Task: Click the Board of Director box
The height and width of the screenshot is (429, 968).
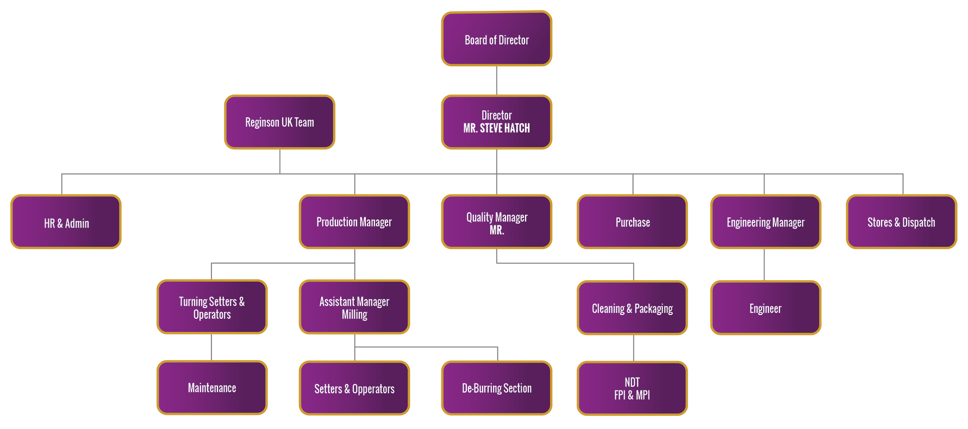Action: pos(496,39)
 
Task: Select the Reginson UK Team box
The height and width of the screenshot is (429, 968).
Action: pos(279,122)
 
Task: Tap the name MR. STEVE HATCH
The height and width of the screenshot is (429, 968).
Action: pos(496,129)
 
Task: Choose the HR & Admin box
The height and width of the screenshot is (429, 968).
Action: pos(66,222)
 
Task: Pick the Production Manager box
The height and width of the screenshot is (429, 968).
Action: pos(354,222)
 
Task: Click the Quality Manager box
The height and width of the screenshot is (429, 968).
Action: pos(496,222)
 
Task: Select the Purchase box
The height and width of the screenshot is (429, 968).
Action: pos(632,222)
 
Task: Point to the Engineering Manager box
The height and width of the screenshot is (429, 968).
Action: pos(765,222)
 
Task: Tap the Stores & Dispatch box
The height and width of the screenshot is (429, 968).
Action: pos(901,222)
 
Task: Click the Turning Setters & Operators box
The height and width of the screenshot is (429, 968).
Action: pos(212,307)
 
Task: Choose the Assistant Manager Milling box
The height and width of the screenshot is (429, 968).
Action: pos(354,307)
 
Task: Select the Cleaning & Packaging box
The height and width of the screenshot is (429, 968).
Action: pos(632,308)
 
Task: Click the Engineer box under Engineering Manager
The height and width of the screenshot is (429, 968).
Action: pos(765,308)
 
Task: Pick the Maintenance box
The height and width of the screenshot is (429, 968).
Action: pos(212,388)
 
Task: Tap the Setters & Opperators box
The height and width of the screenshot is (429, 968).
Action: pos(354,388)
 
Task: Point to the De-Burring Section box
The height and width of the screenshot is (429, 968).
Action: pos(496,388)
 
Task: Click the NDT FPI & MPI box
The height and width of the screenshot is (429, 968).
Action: pos(632,388)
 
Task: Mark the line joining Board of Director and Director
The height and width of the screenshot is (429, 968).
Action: pos(497,80)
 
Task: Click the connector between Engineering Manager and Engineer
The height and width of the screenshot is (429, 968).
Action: pos(764,264)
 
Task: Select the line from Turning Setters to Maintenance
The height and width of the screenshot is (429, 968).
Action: pos(211,347)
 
